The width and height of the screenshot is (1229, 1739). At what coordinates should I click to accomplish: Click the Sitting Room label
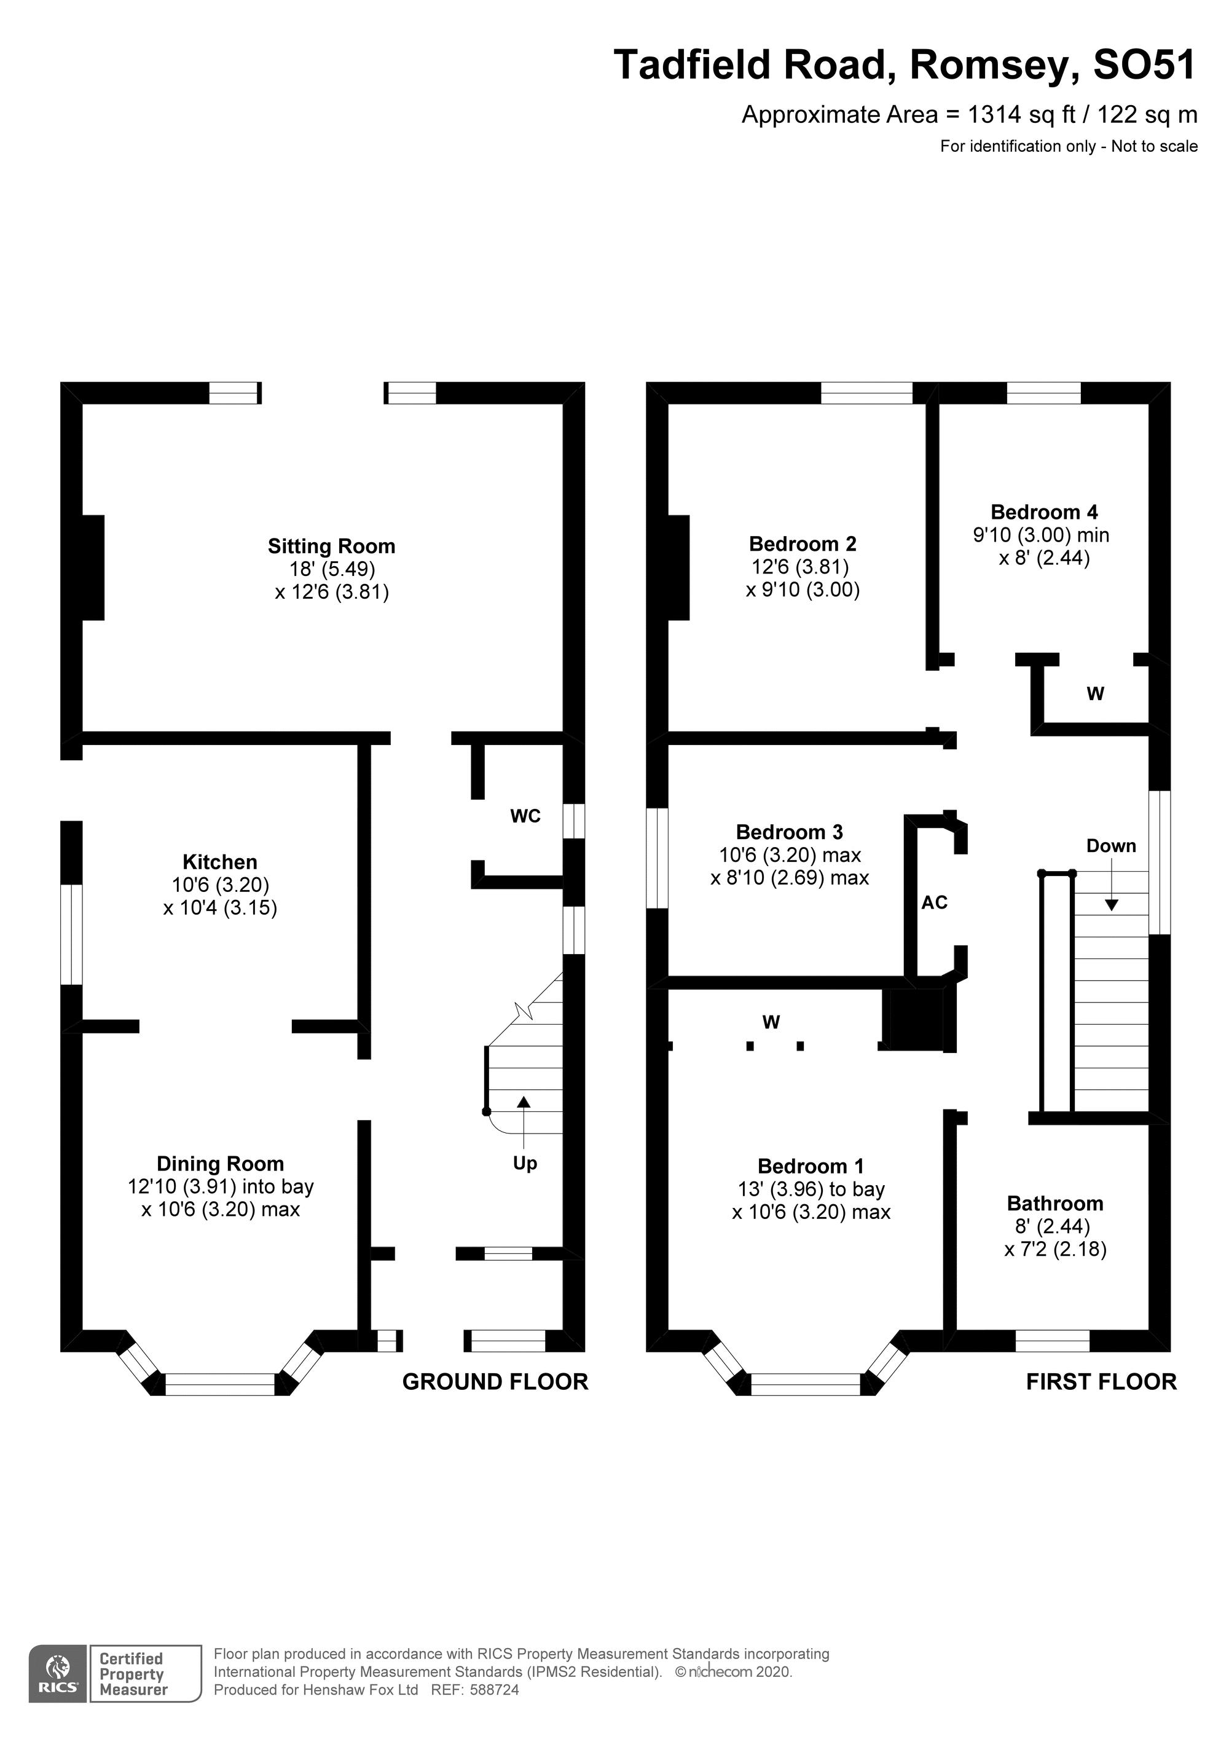(x=331, y=546)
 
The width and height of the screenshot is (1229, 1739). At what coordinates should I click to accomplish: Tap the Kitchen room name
(x=219, y=862)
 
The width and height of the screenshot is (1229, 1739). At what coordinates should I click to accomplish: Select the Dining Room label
(x=219, y=1164)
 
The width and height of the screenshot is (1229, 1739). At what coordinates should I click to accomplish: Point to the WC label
(x=525, y=816)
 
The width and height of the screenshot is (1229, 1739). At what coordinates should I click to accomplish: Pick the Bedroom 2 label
(x=803, y=544)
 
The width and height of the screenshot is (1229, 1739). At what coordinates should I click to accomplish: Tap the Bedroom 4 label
(x=1044, y=512)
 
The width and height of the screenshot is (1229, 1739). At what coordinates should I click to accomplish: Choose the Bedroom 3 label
(x=789, y=832)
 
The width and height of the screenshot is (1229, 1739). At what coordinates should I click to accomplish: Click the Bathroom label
(x=1055, y=1204)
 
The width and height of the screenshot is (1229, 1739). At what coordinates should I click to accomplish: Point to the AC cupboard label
(x=935, y=903)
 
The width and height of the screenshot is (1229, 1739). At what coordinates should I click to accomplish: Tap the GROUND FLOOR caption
(x=495, y=1382)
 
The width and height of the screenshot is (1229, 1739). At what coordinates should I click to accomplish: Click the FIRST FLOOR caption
(x=1101, y=1382)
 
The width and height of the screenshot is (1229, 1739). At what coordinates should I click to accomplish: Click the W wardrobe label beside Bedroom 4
(x=1095, y=694)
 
